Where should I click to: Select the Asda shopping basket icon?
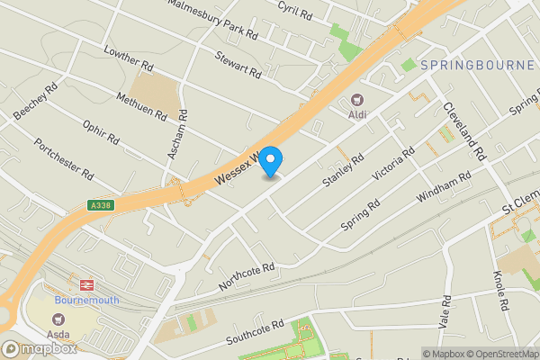59,319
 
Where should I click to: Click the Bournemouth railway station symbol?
86,283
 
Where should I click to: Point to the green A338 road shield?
100,205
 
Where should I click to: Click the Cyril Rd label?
294,11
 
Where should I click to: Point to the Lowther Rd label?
127,58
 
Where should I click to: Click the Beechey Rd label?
36,102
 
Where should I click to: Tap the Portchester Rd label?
64,158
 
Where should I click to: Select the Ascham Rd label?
177,135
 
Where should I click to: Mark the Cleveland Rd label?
464,130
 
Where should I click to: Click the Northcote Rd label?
246,276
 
